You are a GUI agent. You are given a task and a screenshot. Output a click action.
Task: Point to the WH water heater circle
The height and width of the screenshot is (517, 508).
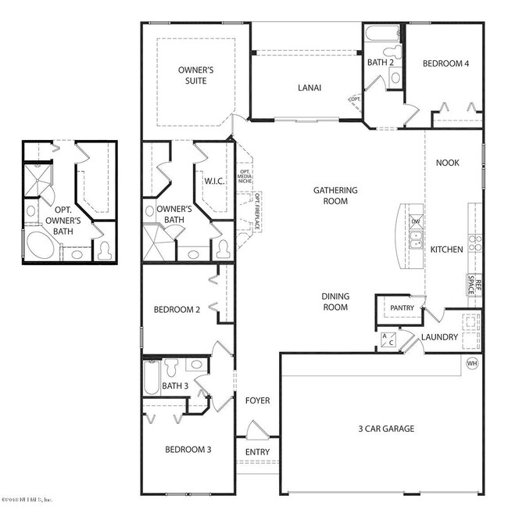point(471,364)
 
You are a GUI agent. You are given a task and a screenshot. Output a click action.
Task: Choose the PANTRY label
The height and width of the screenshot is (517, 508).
point(401,308)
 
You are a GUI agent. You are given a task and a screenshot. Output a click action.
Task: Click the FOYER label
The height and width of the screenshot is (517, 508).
point(257,400)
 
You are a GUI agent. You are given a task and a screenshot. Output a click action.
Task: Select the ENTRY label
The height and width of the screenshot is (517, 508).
point(257,452)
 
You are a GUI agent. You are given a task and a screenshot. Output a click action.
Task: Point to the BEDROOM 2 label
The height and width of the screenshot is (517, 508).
point(177,310)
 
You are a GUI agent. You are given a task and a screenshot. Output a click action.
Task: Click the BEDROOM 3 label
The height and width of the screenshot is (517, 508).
point(187,450)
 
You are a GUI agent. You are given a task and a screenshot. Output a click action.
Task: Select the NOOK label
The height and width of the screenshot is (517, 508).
point(447,163)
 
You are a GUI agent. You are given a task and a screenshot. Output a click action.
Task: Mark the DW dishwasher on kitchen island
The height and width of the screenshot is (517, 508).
point(415,221)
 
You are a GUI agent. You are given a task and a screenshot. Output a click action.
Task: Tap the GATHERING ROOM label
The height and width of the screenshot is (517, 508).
point(335,196)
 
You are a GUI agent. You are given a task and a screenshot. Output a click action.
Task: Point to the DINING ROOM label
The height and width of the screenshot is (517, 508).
point(335,302)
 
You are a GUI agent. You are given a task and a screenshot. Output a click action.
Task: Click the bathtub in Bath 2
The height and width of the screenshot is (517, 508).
point(383,34)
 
